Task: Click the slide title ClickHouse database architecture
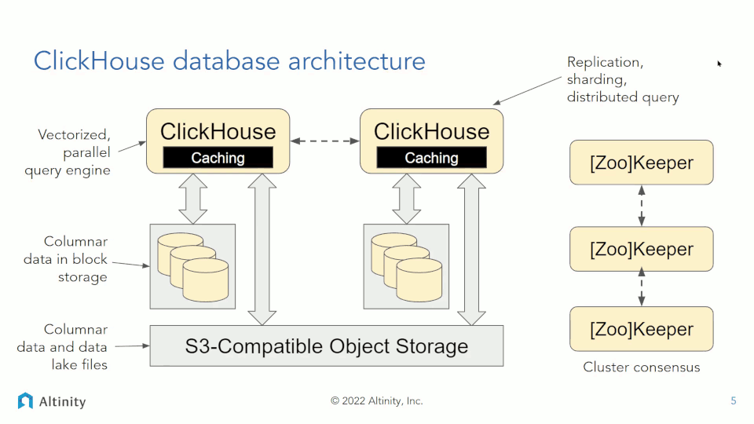pyautogui.click(x=229, y=61)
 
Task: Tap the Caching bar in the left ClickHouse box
pyautogui.click(x=218, y=158)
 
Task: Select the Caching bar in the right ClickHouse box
pyautogui.click(x=431, y=158)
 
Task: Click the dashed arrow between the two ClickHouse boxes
pyautogui.click(x=325, y=141)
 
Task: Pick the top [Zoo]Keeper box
pyautogui.click(x=642, y=163)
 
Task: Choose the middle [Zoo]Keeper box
pyautogui.click(x=642, y=249)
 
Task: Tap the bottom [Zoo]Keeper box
pyautogui.click(x=642, y=329)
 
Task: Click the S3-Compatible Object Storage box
pyautogui.click(x=327, y=346)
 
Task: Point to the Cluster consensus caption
pyautogui.click(x=642, y=367)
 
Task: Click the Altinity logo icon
pyautogui.click(x=25, y=401)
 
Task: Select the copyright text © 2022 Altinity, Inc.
pyautogui.click(x=376, y=401)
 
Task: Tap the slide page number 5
pyautogui.click(x=734, y=401)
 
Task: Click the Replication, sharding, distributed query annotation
pyautogui.click(x=623, y=80)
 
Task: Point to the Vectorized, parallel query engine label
pyautogui.click(x=68, y=152)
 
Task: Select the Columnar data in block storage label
pyautogui.click(x=66, y=259)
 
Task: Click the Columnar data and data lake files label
pyautogui.click(x=63, y=347)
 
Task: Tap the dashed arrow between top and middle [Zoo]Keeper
pyautogui.click(x=642, y=206)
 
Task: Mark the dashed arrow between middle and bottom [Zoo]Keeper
pyautogui.click(x=642, y=287)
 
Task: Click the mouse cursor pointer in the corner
pyautogui.click(x=719, y=64)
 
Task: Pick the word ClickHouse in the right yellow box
pyautogui.click(x=431, y=132)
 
